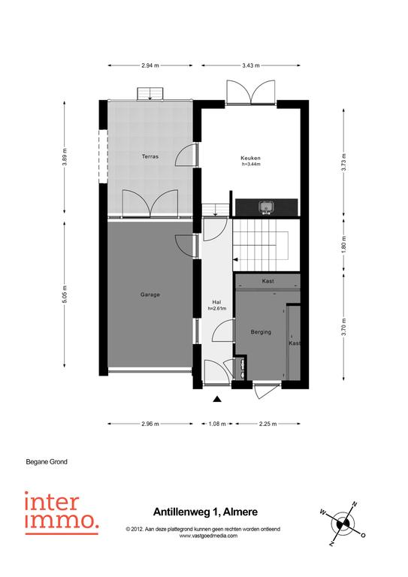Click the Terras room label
click(x=150, y=156)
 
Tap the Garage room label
click(x=150, y=295)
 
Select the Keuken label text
click(x=250, y=159)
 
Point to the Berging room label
click(x=261, y=332)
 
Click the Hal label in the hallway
click(x=216, y=303)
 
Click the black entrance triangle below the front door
click(x=217, y=398)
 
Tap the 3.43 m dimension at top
click(x=250, y=65)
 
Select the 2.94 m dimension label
click(x=150, y=65)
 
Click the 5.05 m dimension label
click(x=65, y=295)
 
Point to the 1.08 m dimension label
click(x=217, y=424)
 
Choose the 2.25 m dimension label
click(x=267, y=424)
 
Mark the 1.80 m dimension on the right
click(x=344, y=243)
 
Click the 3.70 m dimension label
click(x=344, y=327)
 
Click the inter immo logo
click(x=62, y=512)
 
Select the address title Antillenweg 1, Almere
click(x=205, y=512)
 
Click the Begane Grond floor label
click(x=47, y=461)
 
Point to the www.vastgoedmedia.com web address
click(x=208, y=536)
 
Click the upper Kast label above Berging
click(x=267, y=281)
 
